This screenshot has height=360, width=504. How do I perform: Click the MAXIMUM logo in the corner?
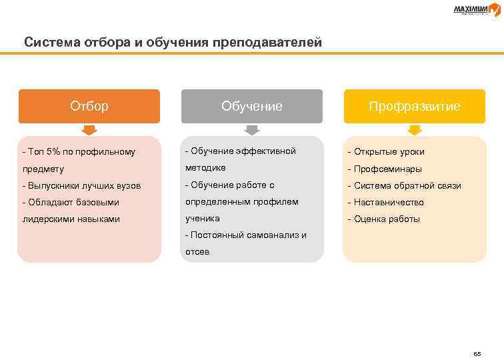point(476,9)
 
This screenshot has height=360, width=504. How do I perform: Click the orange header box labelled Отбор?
point(89,106)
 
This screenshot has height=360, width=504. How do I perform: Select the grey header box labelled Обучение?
point(252,106)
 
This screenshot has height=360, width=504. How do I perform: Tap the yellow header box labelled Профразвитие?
point(415,106)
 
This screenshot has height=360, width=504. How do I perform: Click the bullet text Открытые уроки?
point(389,151)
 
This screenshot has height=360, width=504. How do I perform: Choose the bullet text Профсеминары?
point(388,169)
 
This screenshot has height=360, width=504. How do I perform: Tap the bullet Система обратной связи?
point(407,185)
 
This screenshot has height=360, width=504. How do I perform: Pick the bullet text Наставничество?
point(389,202)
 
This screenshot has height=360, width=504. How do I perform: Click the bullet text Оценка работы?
point(387,219)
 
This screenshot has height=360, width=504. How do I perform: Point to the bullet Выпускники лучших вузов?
point(81,185)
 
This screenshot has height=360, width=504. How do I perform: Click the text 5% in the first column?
point(53,151)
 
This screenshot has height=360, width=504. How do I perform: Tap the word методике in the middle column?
point(205,168)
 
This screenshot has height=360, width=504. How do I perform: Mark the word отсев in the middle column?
point(197,251)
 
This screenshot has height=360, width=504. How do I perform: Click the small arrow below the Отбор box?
point(89,129)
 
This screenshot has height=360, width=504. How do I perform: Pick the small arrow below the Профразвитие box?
point(415,129)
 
